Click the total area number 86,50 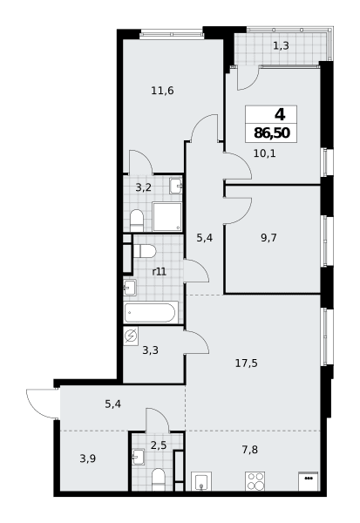coord(272,133)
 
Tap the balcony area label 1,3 coord(281,45)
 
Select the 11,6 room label coord(162,91)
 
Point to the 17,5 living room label coord(247,363)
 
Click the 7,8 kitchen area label coord(250,450)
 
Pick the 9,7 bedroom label coord(269,238)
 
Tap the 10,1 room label coord(265,153)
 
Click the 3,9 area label coord(88,459)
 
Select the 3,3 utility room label coord(151,350)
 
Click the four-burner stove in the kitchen coord(255,481)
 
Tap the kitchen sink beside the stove coord(201,481)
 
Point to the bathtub coord(151,312)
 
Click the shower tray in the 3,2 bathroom coord(167,216)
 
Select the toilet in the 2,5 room coord(158,479)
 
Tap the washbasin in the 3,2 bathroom coord(175,186)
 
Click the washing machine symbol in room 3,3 coord(131,336)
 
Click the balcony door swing coord(248,78)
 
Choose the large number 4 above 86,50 coord(280,115)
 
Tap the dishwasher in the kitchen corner coord(308,481)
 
